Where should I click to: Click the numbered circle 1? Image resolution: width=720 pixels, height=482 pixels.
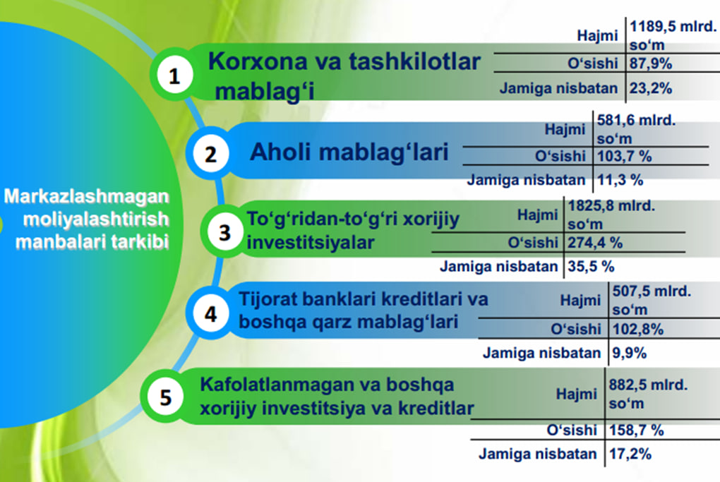click(x=174, y=75)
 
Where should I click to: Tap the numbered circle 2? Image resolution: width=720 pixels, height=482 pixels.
click(x=210, y=153)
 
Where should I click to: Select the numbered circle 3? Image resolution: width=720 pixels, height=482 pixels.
click(x=224, y=231)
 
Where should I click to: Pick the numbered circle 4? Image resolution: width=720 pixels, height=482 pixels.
click(x=210, y=313)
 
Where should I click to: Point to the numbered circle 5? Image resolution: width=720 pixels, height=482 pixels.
click(x=165, y=397)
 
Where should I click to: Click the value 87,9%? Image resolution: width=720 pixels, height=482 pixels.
click(x=651, y=64)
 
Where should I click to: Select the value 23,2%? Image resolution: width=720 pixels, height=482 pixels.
click(x=651, y=88)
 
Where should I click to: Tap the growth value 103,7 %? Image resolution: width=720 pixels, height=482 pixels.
click(x=625, y=157)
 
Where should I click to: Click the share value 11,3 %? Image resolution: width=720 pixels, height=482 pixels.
click(x=620, y=180)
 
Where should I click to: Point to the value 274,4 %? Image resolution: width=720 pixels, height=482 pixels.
click(x=595, y=242)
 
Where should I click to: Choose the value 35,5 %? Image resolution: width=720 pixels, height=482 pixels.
click(x=591, y=266)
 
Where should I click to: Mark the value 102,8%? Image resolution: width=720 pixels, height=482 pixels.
click(x=638, y=329)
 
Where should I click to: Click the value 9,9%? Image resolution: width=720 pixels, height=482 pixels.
click(x=630, y=353)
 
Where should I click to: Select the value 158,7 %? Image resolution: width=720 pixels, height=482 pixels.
click(x=637, y=430)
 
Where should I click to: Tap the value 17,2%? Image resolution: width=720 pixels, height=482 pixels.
click(x=630, y=454)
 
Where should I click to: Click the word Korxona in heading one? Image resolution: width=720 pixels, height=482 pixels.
click(x=258, y=61)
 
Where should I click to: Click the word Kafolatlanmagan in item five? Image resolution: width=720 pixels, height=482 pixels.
click(x=277, y=385)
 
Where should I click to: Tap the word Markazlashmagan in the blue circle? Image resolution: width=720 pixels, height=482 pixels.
click(x=86, y=196)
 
